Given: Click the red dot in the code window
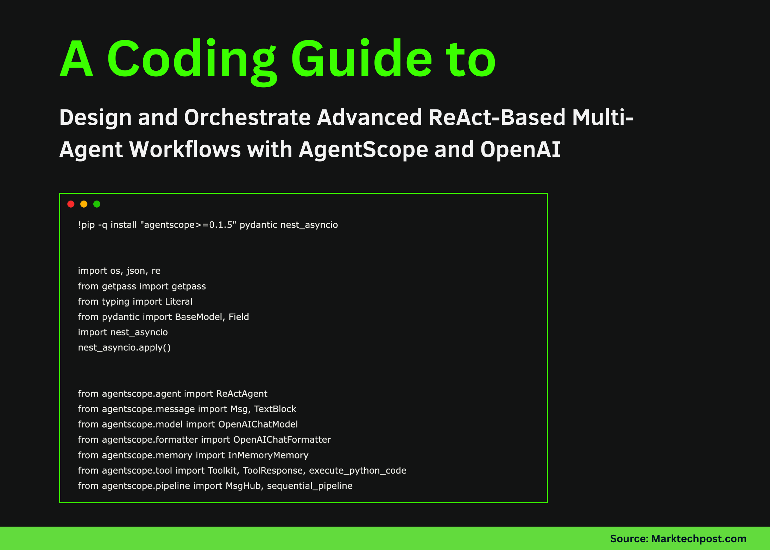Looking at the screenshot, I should coord(71,204).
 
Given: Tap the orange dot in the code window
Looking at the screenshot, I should coord(84,204).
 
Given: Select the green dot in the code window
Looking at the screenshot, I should coord(97,204).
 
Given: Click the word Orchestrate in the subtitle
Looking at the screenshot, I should coord(247,118).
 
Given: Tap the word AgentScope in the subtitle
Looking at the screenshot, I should coord(364,150).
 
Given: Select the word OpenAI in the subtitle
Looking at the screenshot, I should coord(520,150).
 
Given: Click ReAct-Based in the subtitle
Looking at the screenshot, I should coord(497,118).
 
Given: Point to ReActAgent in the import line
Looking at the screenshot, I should coord(242,394).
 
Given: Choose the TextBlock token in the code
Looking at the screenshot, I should coord(275,409).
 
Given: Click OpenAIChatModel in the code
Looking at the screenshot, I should coord(258,424).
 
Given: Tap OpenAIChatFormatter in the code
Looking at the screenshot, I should coord(282,440).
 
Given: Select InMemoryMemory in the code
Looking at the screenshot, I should coord(268,455).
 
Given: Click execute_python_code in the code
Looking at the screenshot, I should coord(358,470).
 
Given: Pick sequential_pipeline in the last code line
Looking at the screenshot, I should coord(310,486).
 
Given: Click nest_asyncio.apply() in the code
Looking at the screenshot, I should coord(124,348).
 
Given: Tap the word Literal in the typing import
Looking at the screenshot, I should coord(179,302).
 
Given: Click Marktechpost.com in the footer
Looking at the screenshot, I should coord(699,539).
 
